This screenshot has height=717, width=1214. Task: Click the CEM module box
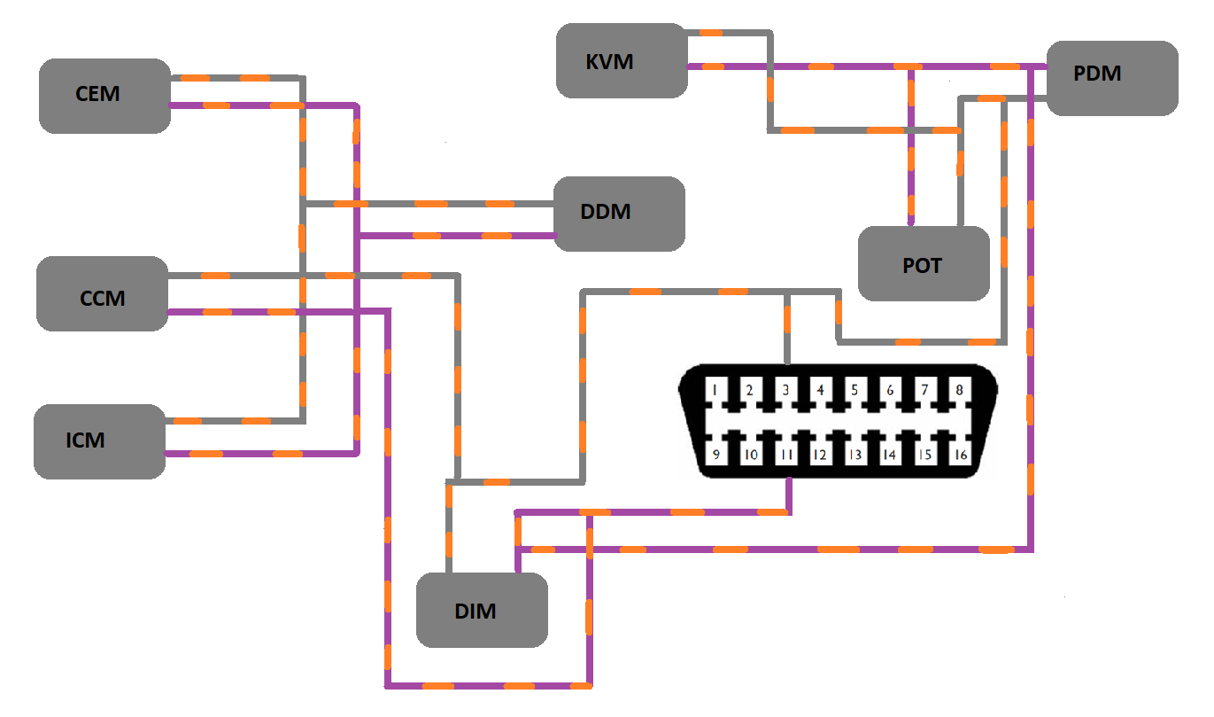104,96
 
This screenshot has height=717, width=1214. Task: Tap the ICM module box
99,441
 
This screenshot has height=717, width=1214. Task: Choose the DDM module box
619,214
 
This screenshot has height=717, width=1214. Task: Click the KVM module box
622,60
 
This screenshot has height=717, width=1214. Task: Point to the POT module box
924,263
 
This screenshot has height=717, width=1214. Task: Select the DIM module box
482,610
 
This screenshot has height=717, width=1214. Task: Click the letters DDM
606,213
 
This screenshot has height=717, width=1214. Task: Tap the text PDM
1097,74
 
